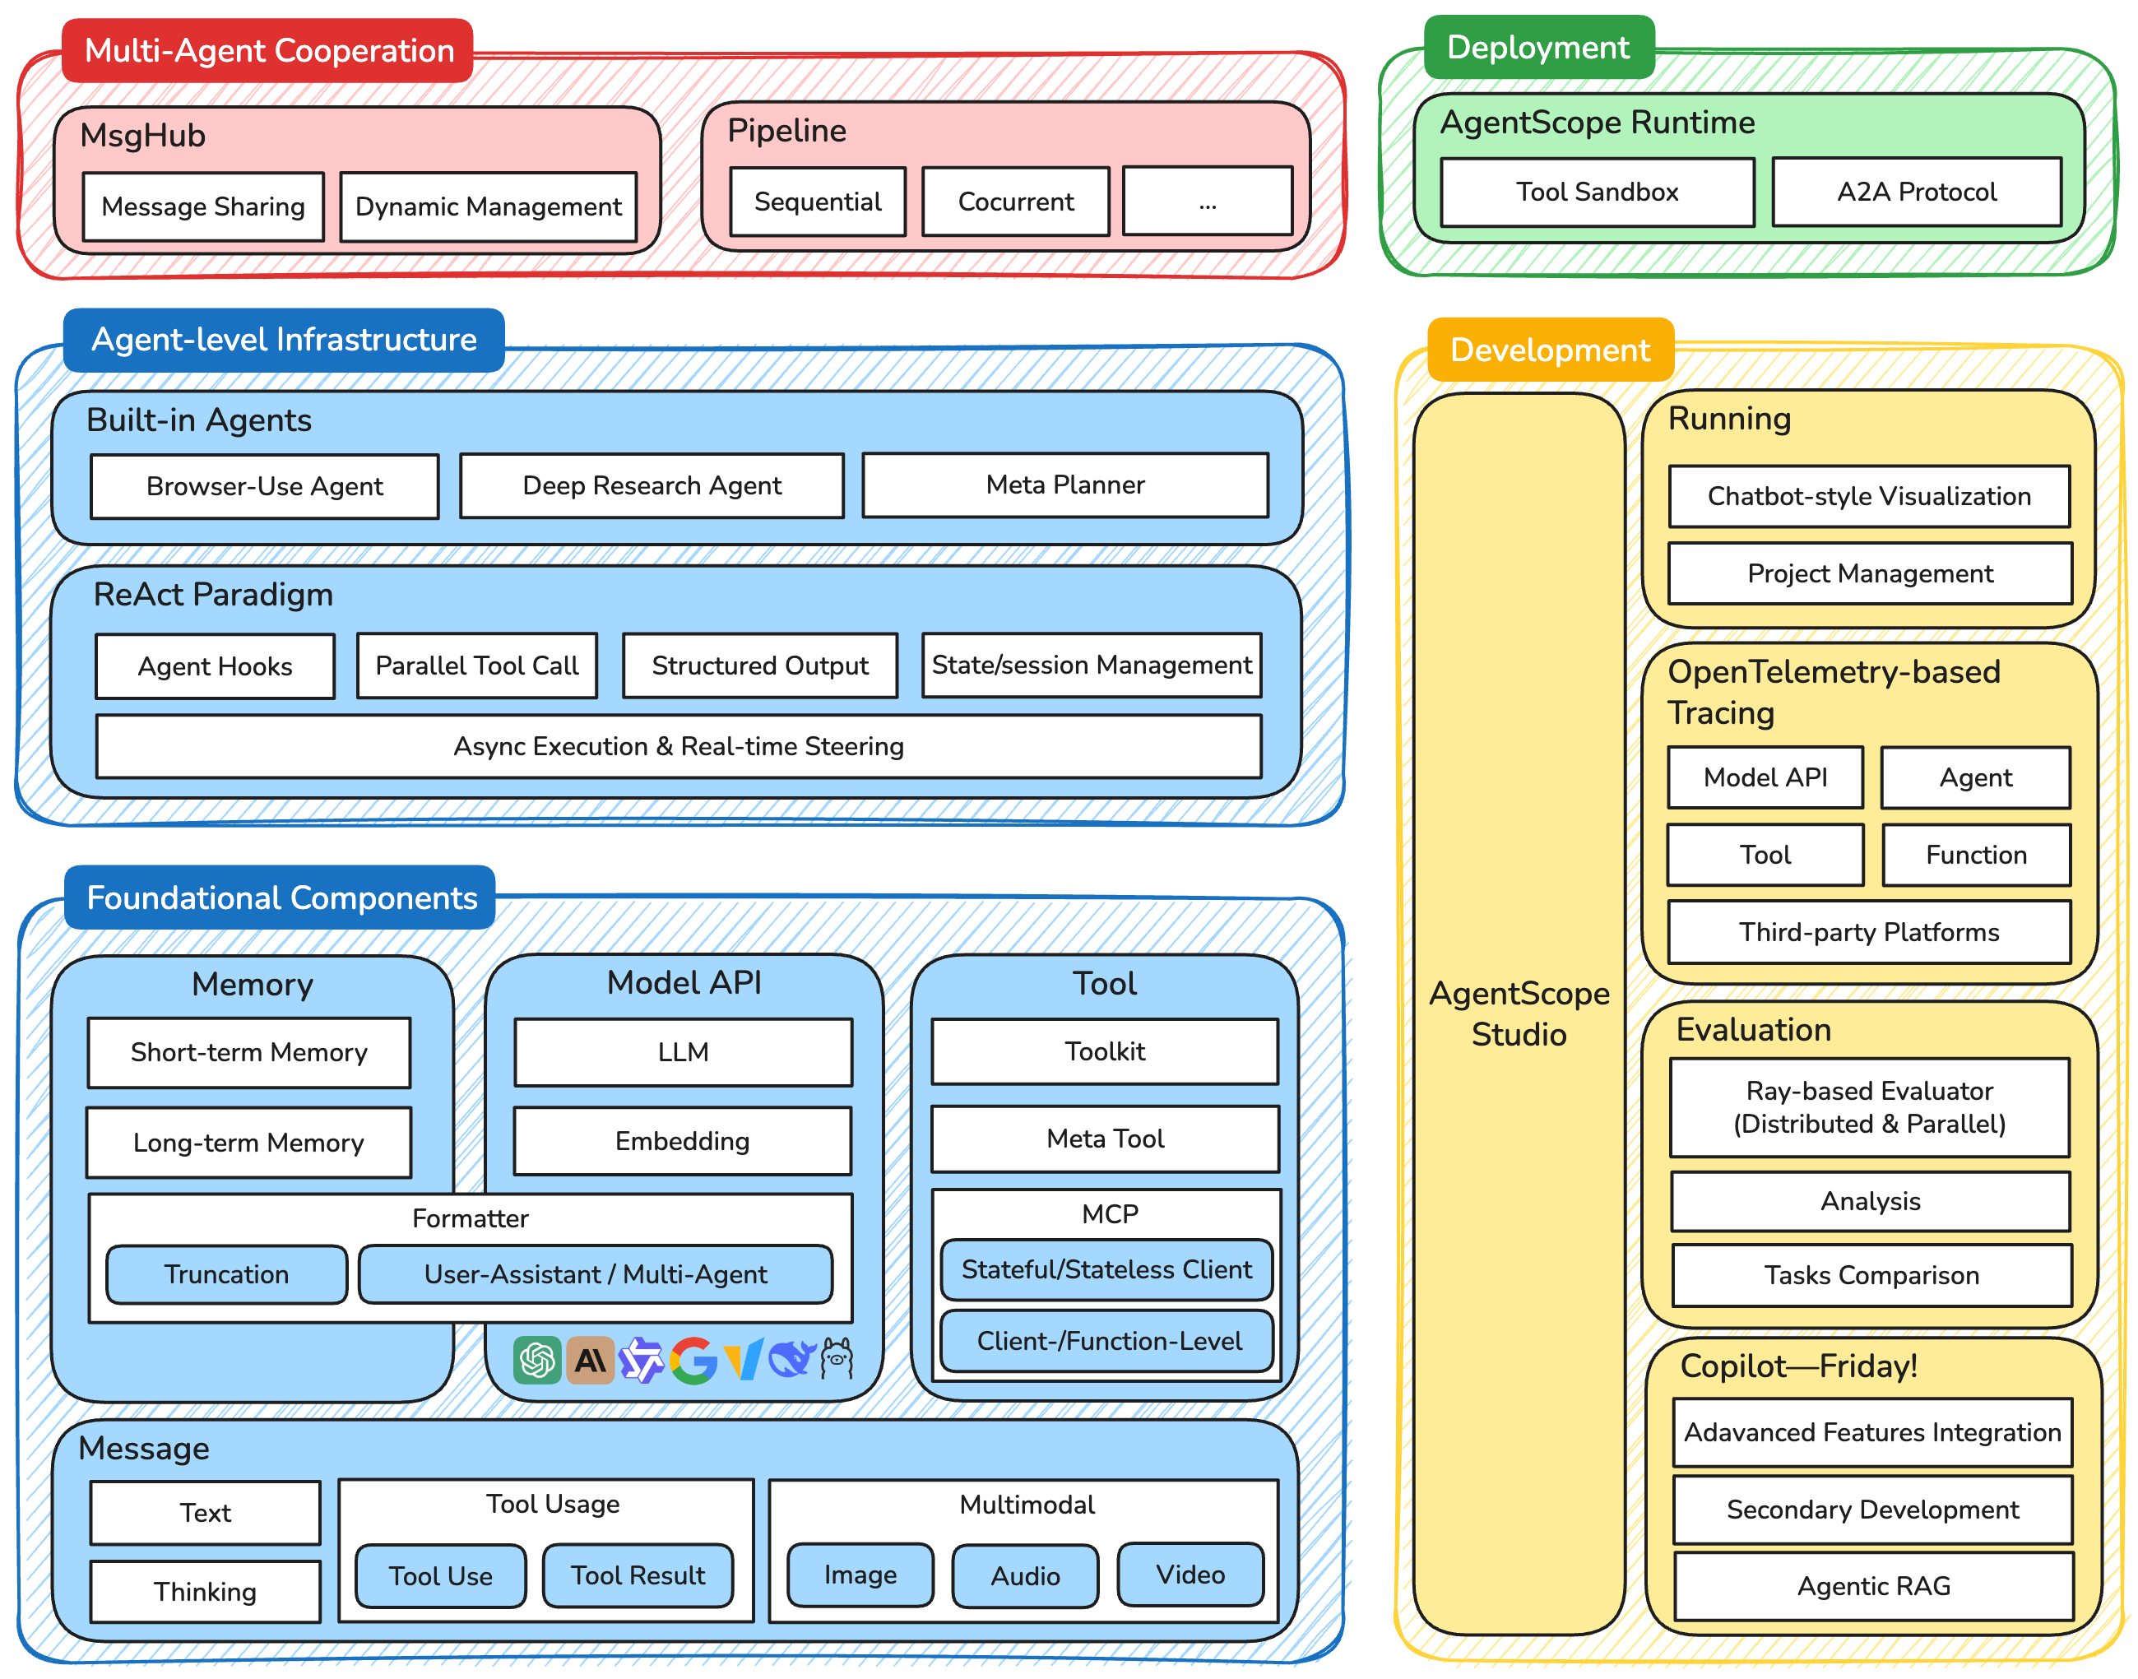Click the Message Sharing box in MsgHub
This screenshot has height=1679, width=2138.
[x=203, y=206]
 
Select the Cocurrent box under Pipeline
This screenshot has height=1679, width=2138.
[x=1015, y=202]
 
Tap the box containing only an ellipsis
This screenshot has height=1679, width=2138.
[x=1207, y=202]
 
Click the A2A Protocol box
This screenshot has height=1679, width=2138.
[x=1916, y=192]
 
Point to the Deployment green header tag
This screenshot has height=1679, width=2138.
[x=1538, y=47]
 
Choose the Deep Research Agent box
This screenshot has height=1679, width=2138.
[x=652, y=485]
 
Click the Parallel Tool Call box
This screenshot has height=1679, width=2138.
[x=477, y=666]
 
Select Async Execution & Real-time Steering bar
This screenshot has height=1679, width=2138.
[x=679, y=746]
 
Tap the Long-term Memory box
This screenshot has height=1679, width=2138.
[x=248, y=1143]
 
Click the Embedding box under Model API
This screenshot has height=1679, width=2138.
[x=682, y=1140]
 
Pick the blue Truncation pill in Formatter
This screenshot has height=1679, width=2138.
[x=226, y=1274]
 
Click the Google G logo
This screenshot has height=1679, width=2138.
[x=693, y=1361]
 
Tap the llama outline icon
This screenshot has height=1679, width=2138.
[x=837, y=1358]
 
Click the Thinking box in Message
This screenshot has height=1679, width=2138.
[x=205, y=1590]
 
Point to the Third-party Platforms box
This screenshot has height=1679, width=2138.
[x=1869, y=932]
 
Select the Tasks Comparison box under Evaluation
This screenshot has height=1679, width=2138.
[x=1871, y=1275]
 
